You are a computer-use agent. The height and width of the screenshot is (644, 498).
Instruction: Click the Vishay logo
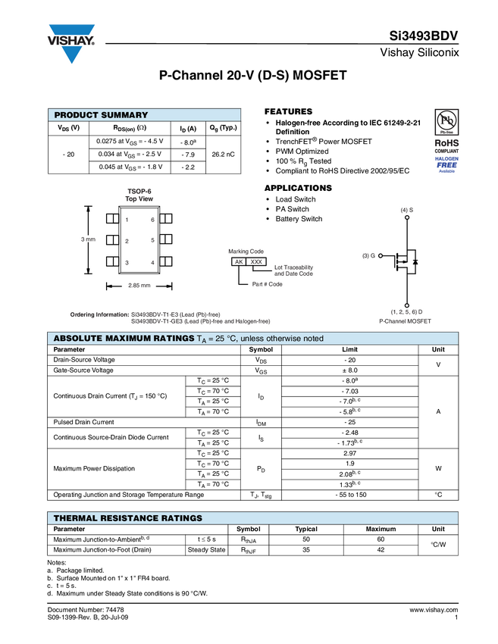(x=71, y=42)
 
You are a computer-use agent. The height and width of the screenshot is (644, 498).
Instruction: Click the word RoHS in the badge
(x=446, y=142)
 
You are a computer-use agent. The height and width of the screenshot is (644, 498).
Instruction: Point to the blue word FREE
(x=446, y=164)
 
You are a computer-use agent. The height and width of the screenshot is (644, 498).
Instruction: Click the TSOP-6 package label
(x=139, y=191)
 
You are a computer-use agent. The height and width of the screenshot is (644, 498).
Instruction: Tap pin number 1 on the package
(x=127, y=220)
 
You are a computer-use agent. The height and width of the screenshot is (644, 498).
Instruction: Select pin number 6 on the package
(x=152, y=220)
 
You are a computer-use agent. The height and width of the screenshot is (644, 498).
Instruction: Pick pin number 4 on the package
(x=152, y=262)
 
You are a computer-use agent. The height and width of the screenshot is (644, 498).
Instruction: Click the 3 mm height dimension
(x=88, y=239)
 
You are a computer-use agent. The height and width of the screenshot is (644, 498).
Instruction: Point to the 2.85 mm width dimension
(x=139, y=286)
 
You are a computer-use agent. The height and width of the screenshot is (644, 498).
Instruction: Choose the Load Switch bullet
(x=295, y=200)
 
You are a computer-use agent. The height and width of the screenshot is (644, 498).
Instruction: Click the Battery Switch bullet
(x=299, y=219)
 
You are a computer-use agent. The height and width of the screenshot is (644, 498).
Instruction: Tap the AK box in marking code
(x=239, y=261)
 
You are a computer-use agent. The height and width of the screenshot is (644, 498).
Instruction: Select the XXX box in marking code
(x=257, y=261)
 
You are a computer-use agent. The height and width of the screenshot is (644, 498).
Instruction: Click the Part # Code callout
(x=267, y=284)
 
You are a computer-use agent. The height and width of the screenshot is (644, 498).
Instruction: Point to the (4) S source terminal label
(x=407, y=209)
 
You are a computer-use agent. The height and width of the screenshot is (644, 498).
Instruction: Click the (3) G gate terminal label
(x=369, y=255)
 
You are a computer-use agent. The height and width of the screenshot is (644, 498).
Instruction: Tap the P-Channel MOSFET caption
(x=406, y=321)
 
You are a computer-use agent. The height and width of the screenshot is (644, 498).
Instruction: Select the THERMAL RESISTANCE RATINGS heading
(x=127, y=518)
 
